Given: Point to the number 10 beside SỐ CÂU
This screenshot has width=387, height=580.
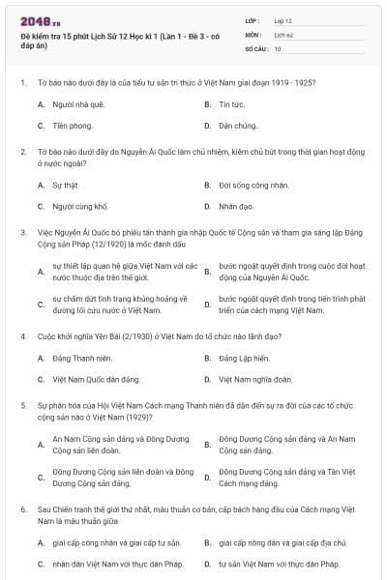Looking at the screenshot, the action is [x=279, y=47].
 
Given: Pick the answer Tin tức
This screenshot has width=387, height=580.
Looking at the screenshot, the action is [x=231, y=103].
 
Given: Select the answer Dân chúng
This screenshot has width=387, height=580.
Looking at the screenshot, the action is [x=237, y=126].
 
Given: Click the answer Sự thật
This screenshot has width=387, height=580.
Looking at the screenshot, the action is [x=65, y=184].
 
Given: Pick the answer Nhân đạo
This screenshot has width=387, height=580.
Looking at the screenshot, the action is [x=235, y=206].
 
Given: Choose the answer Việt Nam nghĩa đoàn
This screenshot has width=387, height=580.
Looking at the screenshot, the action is [x=256, y=380].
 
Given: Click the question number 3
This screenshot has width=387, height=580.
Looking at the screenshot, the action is [x=22, y=232].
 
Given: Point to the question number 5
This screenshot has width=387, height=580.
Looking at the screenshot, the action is [x=22, y=407].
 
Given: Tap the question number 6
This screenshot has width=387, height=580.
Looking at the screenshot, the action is [x=22, y=507].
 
